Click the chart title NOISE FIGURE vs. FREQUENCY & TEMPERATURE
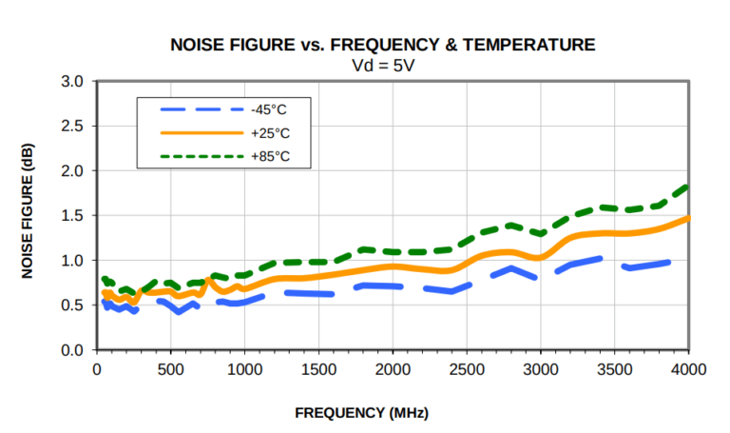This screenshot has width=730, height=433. [382, 45]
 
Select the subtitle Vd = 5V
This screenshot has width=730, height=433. [382, 65]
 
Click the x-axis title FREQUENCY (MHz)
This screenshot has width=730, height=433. [361, 413]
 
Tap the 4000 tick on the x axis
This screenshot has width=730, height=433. [688, 368]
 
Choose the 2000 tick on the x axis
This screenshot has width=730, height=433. [393, 368]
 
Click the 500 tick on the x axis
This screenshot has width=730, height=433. [170, 368]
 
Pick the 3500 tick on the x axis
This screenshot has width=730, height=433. [614, 368]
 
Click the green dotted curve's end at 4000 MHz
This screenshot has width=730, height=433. [686, 187]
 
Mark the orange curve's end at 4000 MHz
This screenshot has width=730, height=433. [686, 219]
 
